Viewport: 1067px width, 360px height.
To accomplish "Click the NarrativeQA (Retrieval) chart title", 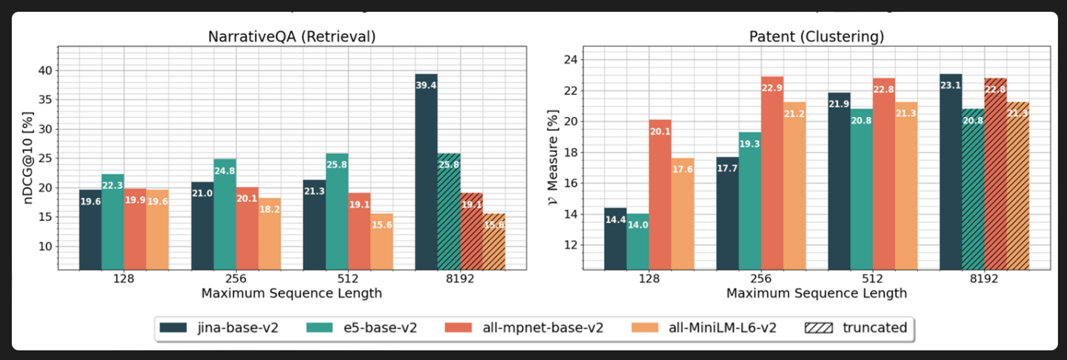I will coord(291,36).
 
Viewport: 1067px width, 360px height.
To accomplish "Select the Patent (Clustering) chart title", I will coord(816,36).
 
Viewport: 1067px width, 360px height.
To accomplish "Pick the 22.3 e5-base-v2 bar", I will coord(113,221).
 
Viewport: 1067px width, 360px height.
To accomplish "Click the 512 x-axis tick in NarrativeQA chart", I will coord(348,279).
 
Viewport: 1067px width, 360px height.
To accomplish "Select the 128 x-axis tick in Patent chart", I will coord(648,279).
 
